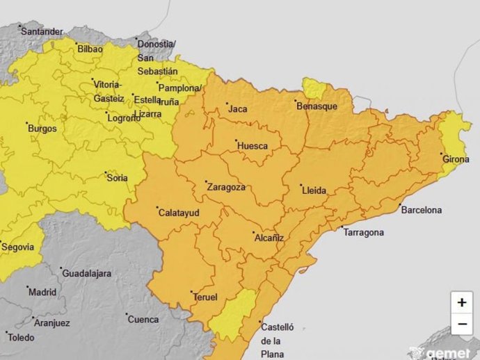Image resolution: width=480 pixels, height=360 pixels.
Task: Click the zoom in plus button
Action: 462,303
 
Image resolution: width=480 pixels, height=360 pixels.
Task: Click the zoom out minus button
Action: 462,324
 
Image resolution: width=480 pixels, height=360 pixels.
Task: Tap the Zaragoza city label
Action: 225,187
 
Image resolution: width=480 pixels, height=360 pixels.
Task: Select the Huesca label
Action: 252,146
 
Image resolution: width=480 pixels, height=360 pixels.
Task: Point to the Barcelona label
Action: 422,210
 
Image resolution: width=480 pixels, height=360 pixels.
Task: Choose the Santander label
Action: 42,31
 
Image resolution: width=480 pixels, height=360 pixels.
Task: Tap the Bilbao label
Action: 90,49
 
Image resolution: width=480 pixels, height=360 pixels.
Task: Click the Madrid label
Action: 42,292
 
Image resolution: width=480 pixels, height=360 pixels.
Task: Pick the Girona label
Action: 456,159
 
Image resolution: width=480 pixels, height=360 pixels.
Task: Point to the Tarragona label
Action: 363,232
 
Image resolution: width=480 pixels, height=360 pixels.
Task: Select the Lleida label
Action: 313,190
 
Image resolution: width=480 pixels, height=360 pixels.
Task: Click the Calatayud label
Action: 178,213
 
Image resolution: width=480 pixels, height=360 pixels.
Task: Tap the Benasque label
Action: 317,106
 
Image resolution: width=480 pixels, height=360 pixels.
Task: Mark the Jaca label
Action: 237,109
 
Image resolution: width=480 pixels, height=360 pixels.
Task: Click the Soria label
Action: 117,178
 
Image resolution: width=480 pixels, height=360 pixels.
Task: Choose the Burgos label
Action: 42,129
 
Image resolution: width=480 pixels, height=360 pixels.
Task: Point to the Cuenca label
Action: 143,320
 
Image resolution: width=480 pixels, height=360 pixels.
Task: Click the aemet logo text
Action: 449,353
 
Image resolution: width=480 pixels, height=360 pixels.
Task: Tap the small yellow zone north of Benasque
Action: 314,88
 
